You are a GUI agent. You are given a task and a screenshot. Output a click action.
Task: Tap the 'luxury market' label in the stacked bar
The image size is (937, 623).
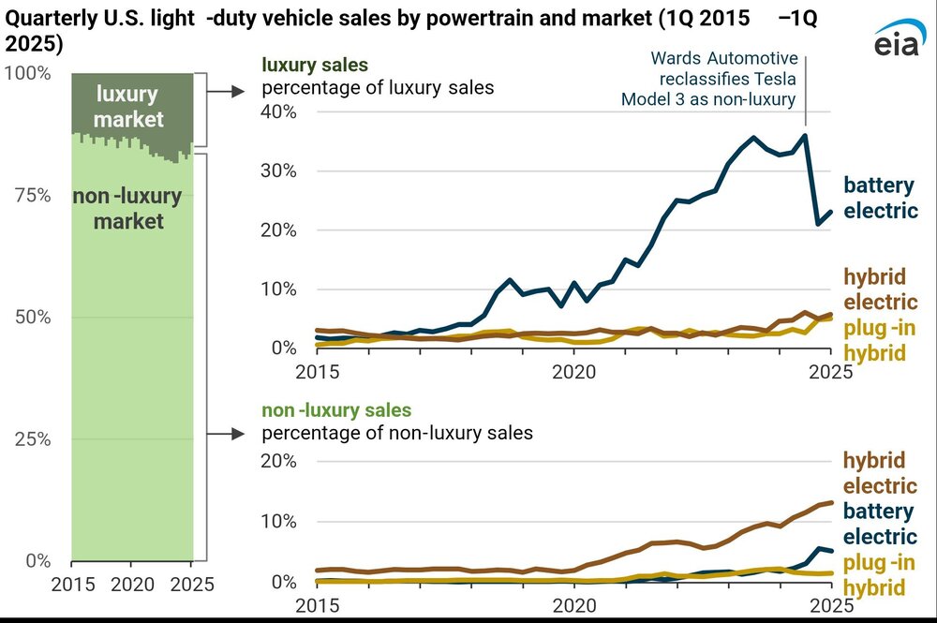pyautogui.click(x=128, y=106)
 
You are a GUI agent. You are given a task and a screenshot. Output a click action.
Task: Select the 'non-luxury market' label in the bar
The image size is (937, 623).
pyautogui.click(x=118, y=209)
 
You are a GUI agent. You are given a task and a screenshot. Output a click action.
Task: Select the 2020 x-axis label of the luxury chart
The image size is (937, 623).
pyautogui.click(x=573, y=372)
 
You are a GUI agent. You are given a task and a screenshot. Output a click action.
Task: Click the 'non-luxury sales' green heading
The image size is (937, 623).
pyautogui.click(x=335, y=410)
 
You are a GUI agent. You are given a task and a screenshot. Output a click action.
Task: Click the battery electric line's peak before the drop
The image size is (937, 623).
pyautogui.click(x=804, y=135)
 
